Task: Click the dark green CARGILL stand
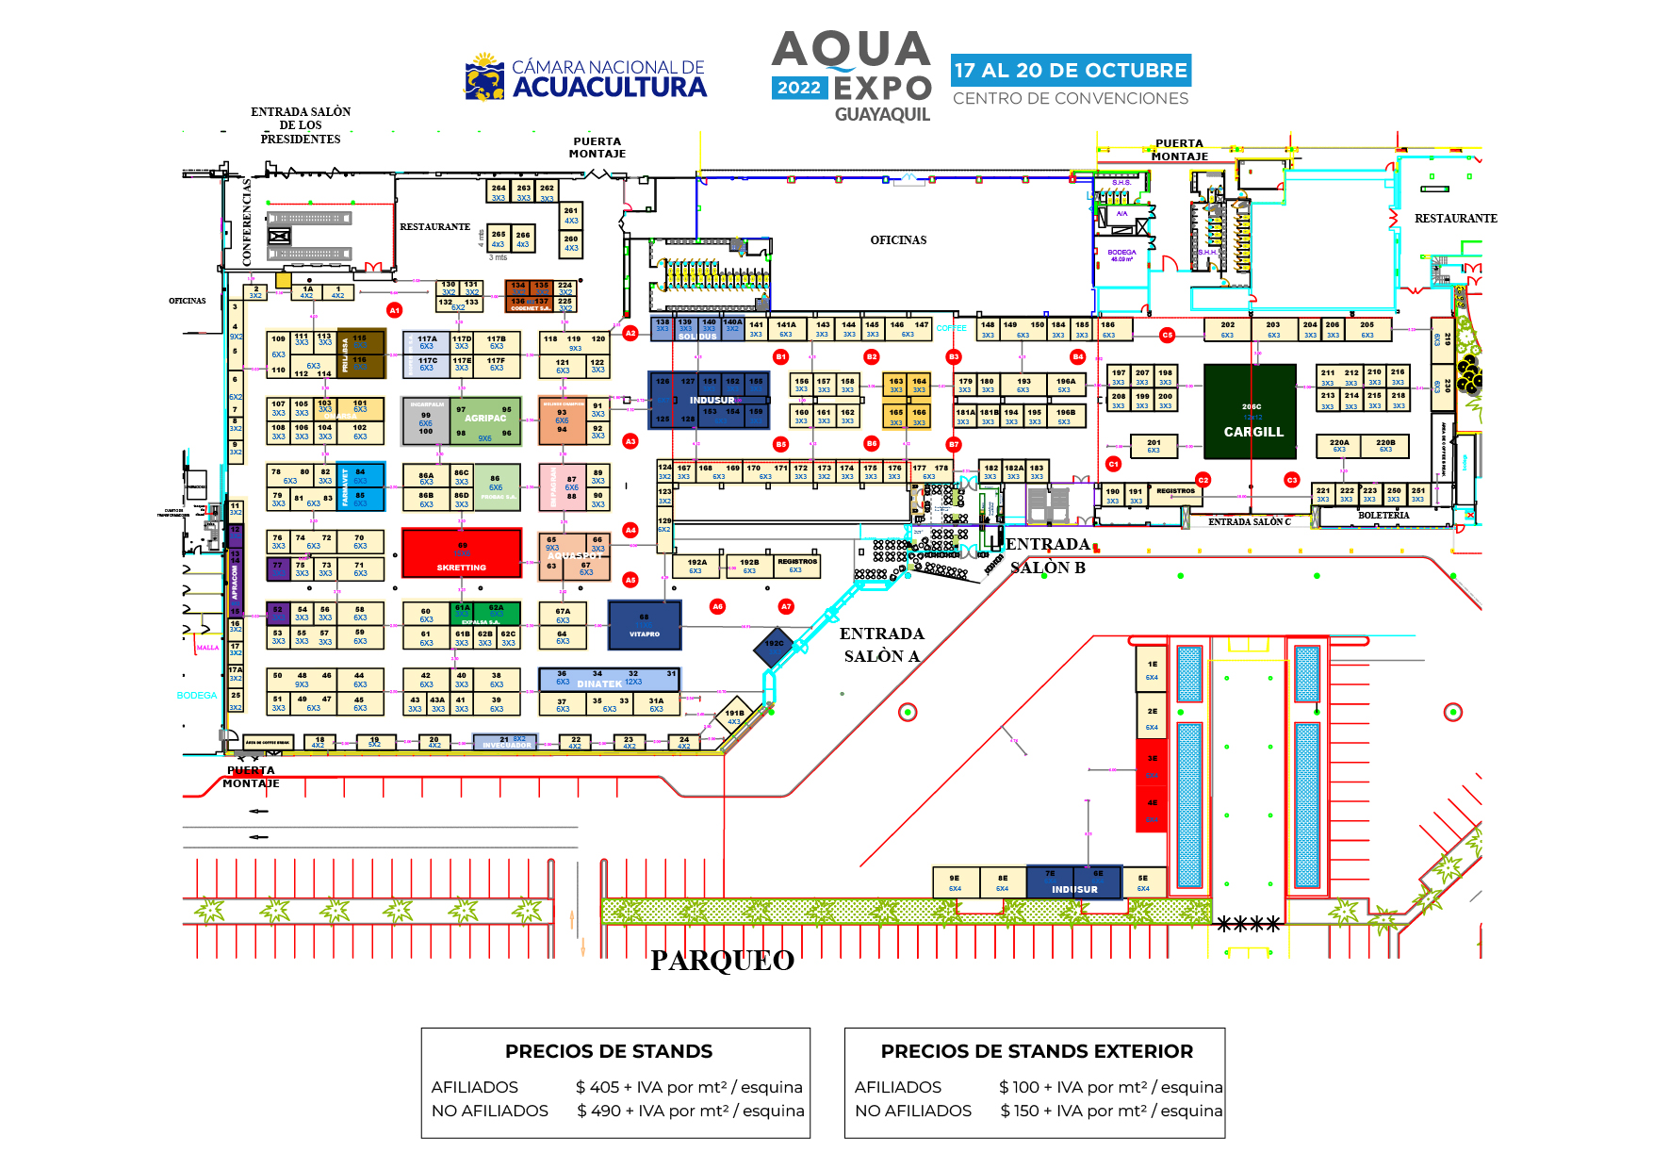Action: tap(1251, 413)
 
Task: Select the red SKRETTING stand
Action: tap(461, 552)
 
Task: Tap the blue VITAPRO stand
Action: tap(645, 625)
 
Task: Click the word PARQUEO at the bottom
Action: tap(722, 961)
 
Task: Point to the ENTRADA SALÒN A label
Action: tap(882, 645)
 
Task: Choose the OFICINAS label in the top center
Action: tap(898, 240)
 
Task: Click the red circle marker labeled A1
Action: tap(395, 310)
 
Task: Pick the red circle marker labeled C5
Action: tap(1168, 335)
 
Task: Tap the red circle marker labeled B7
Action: tap(954, 444)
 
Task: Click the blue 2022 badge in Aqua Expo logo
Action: tap(799, 88)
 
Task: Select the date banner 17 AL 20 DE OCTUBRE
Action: tap(1071, 71)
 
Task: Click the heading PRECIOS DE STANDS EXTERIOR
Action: tap(1037, 1051)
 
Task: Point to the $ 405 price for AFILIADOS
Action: tap(597, 1087)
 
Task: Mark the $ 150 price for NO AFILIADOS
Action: tap(1021, 1111)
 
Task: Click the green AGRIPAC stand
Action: tap(485, 420)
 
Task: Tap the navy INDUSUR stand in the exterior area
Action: tap(1074, 883)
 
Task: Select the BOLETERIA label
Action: tap(1383, 516)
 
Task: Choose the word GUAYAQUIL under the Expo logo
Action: tap(882, 115)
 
